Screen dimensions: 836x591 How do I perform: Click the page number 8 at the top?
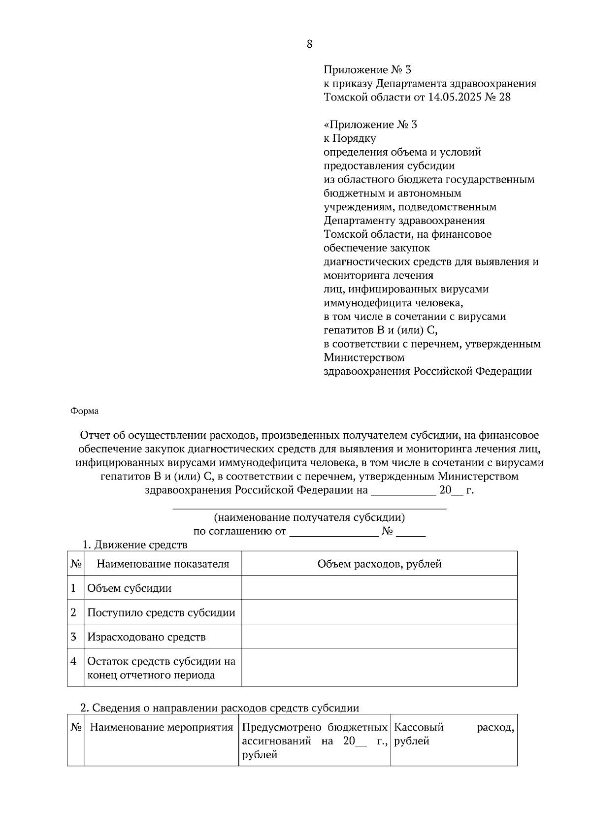click(x=309, y=44)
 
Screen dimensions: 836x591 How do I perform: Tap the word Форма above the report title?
click(x=84, y=411)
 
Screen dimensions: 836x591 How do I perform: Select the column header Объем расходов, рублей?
click(x=379, y=564)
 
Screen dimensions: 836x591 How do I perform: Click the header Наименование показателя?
click(x=163, y=564)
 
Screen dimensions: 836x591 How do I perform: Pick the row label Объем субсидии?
click(x=130, y=588)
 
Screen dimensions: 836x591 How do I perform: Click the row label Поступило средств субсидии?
click(x=161, y=613)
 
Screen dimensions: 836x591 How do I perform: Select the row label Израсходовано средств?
click(x=146, y=637)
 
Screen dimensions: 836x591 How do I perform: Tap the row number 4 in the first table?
click(x=73, y=661)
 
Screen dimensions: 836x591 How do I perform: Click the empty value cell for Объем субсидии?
click(x=379, y=588)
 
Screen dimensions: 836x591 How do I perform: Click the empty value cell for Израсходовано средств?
click(x=379, y=637)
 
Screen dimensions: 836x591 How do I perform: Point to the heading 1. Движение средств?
click(x=134, y=545)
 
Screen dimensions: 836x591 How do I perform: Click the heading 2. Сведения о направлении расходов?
click(x=220, y=708)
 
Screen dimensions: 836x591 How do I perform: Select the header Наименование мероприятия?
click(x=161, y=727)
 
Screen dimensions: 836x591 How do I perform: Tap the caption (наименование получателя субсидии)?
click(x=309, y=517)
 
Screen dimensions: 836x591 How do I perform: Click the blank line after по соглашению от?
click(x=333, y=532)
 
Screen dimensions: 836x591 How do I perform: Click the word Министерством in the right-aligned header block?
click(x=364, y=357)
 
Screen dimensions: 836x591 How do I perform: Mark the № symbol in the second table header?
click(x=75, y=727)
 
